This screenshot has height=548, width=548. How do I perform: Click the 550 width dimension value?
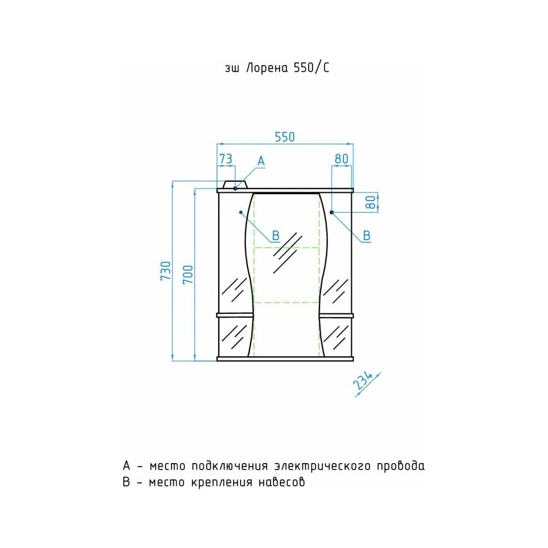click(285, 137)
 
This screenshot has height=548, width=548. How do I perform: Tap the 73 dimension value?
click(226, 159)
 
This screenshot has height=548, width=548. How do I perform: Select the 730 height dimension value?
click(165, 271)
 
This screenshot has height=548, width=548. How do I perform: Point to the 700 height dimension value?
click(187, 275)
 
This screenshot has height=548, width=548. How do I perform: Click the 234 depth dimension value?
click(362, 380)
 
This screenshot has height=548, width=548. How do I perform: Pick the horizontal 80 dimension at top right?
click(341, 159)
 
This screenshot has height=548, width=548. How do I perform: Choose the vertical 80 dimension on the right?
click(370, 202)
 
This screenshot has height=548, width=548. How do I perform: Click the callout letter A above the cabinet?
click(261, 162)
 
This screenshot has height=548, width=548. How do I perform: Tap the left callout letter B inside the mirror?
click(276, 236)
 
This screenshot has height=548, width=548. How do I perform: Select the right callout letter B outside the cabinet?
click(367, 236)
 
